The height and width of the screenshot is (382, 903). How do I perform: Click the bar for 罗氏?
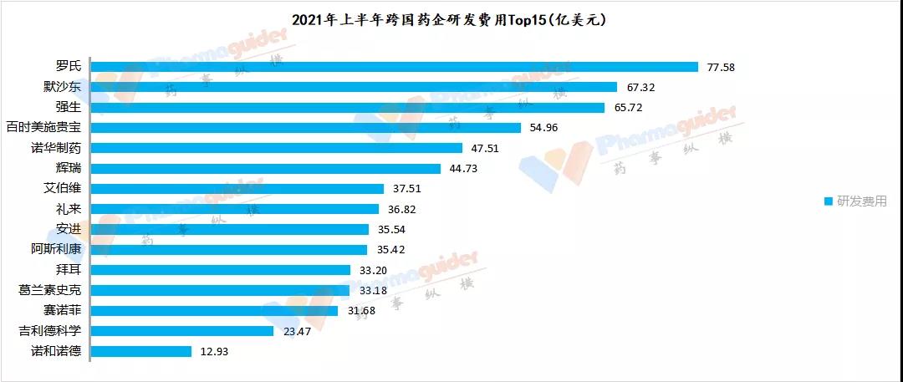click(393, 67)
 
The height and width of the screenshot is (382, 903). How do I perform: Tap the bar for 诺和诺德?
click(140, 351)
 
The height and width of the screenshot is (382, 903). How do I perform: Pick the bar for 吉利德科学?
click(181, 331)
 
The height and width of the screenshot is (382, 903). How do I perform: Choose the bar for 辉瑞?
click(265, 168)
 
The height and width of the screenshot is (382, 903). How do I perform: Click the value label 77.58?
click(720, 67)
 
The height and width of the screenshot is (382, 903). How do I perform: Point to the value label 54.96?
click(543, 128)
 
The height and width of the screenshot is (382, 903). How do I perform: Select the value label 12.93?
click(214, 351)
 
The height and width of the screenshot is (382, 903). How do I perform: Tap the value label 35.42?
click(389, 250)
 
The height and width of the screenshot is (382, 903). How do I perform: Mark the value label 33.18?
click(371, 290)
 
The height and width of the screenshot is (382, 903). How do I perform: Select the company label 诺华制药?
click(55, 148)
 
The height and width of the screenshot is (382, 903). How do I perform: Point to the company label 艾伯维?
click(62, 189)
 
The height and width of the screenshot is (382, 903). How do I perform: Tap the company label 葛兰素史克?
click(49, 290)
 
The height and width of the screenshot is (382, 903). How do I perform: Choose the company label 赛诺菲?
click(62, 311)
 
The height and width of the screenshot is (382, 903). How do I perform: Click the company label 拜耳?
click(68, 270)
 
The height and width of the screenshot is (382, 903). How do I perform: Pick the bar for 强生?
click(347, 108)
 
